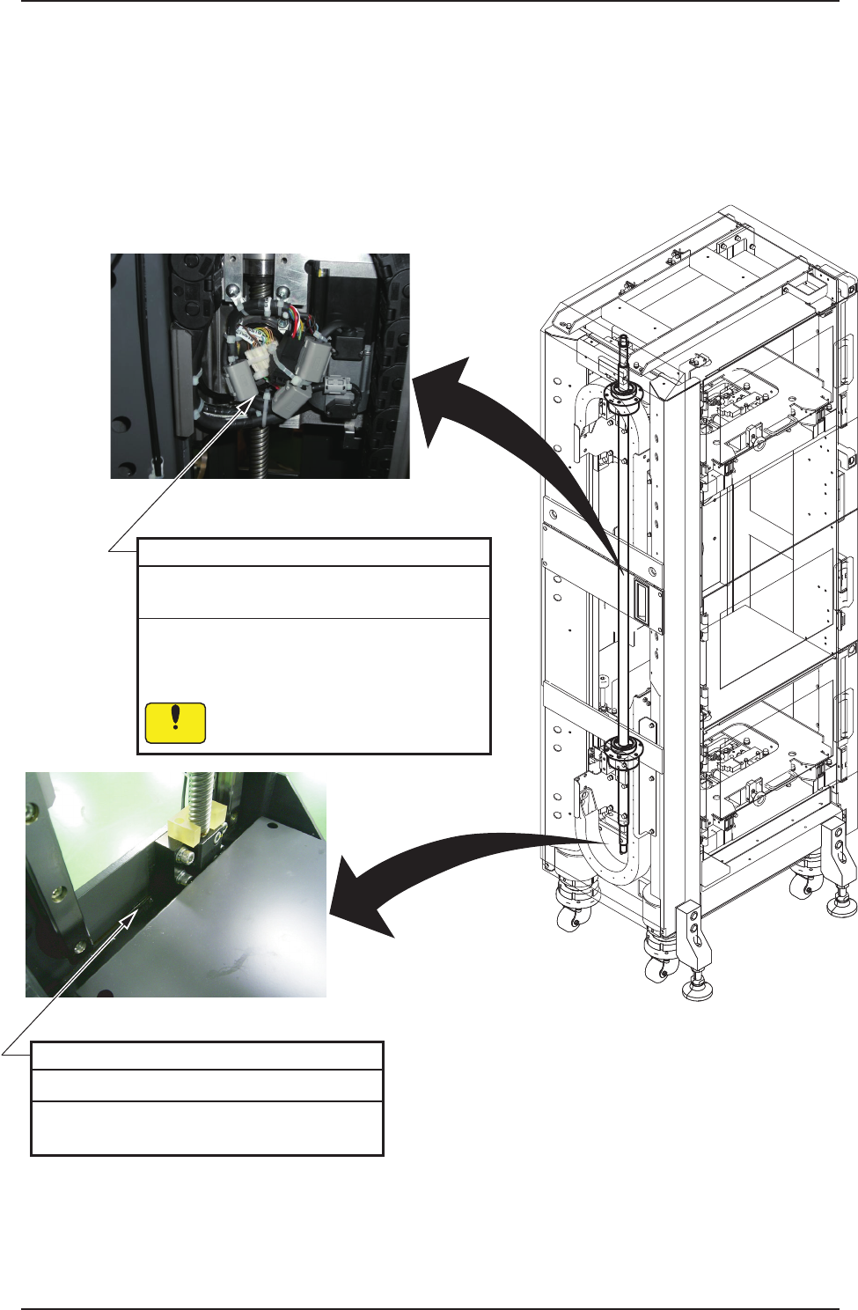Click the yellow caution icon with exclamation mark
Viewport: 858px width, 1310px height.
pos(175,722)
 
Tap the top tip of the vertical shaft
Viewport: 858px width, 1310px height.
pos(622,339)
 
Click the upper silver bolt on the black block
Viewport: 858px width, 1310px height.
pos(187,854)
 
